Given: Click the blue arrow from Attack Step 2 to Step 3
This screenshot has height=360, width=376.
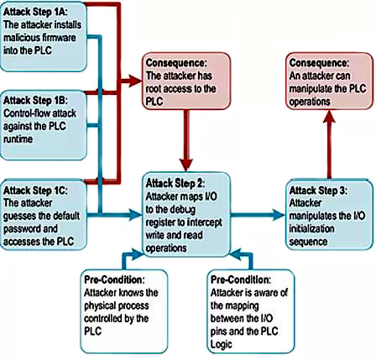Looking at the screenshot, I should click(x=255, y=214).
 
